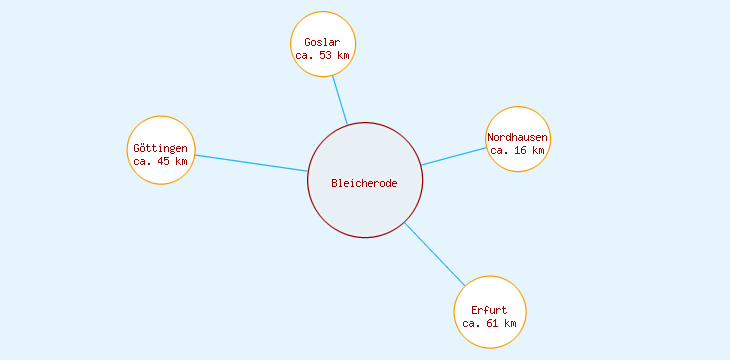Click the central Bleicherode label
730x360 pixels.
pos(365,183)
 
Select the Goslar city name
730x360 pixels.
pos(322,42)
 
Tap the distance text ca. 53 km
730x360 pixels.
pos(322,56)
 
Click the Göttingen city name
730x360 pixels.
pos(160,148)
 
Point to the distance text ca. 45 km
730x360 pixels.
pos(160,161)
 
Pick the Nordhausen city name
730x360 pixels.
pos(518,137)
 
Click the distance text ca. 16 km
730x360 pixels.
pos(518,150)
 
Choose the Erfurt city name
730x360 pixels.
pos(490,310)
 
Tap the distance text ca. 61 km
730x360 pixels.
pos(490,323)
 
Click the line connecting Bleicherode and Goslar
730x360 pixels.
pos(340,100)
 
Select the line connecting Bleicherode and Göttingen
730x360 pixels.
pos(250,163)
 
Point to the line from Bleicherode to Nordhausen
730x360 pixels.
pos(454,156)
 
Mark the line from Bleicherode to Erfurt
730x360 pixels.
pos(434,253)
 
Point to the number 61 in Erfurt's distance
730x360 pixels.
pos(491,323)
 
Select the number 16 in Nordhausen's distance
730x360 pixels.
pos(519,150)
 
